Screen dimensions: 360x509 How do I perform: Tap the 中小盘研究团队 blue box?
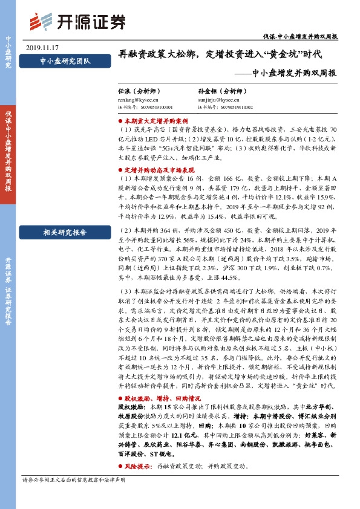[65, 61]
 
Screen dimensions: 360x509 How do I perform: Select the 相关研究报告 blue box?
[65, 232]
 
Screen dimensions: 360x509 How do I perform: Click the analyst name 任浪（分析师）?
[142, 89]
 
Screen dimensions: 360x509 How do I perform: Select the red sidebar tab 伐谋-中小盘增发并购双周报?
[8, 151]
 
